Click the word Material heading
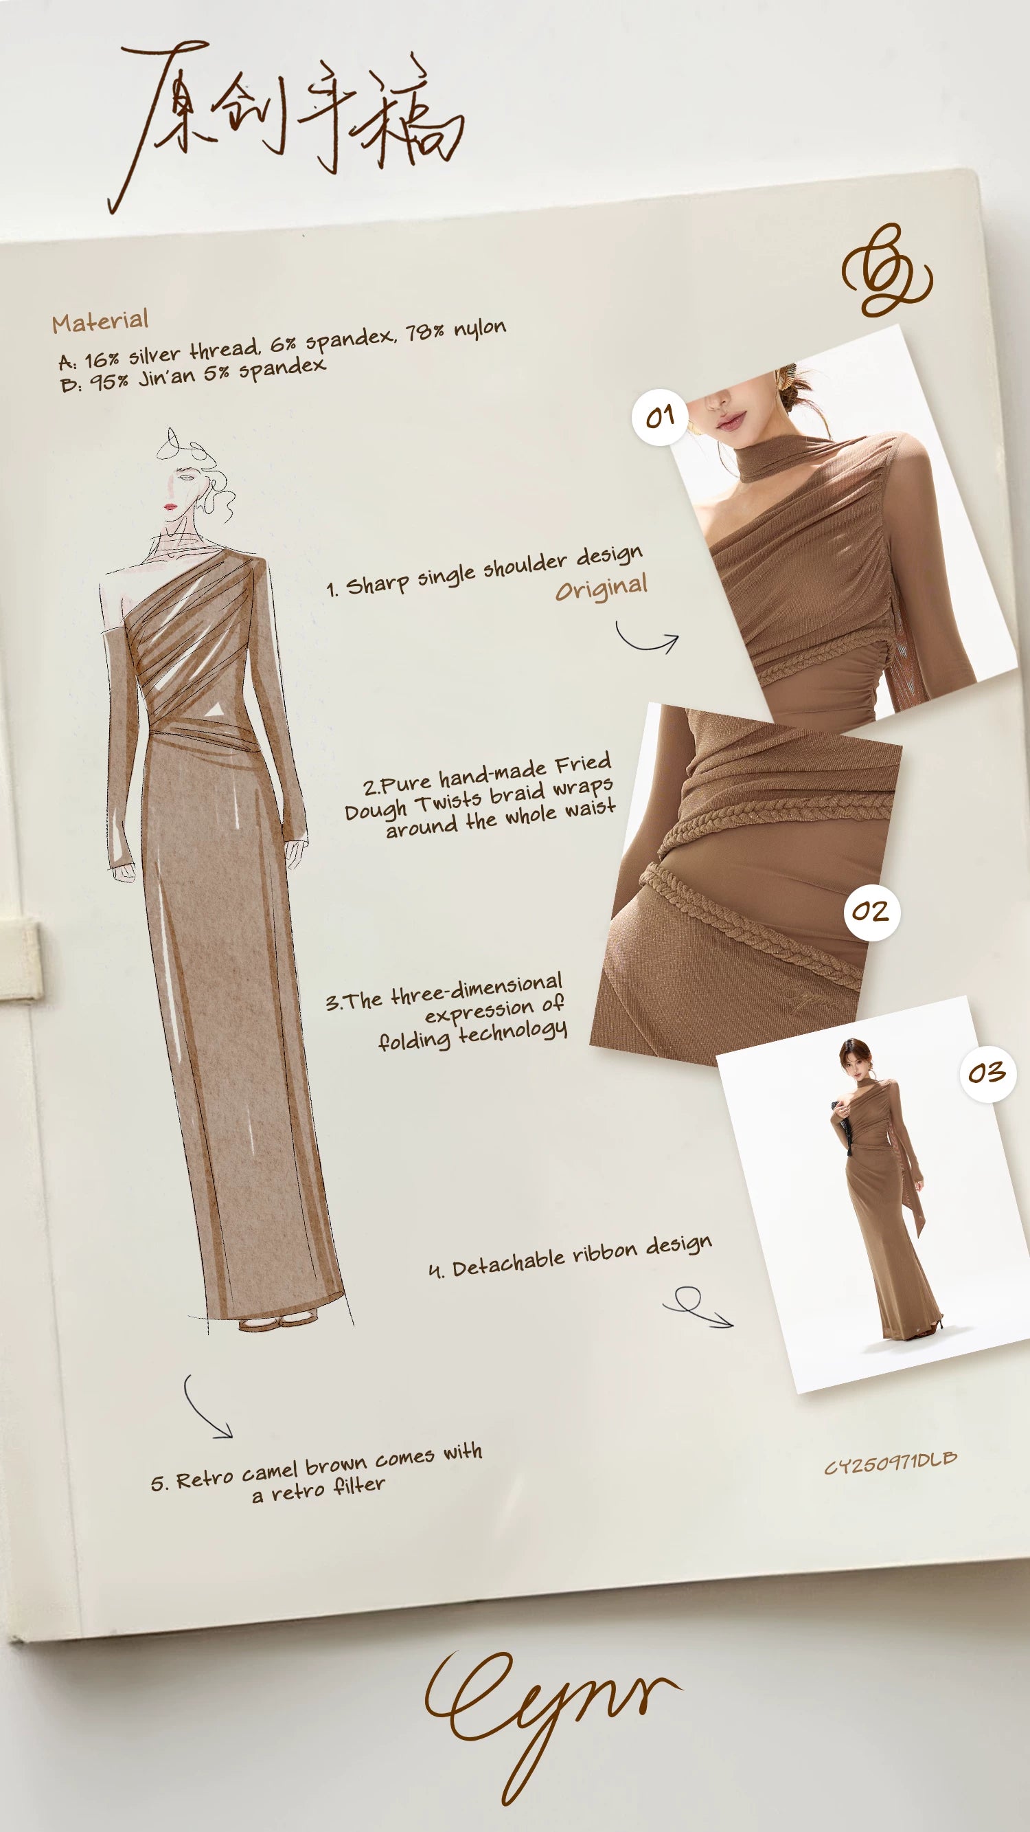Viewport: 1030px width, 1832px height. click(x=100, y=322)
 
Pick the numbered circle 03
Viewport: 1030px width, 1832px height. click(x=987, y=1073)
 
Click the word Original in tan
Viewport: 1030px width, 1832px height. click(x=602, y=588)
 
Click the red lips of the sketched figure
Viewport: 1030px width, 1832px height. click(x=170, y=506)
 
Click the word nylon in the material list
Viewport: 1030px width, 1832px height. click(x=480, y=329)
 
